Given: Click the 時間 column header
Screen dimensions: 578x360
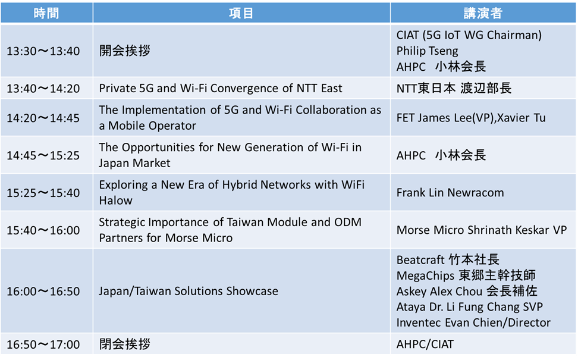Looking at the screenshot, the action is click(46, 13).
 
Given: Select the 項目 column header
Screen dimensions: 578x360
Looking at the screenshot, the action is click(241, 13).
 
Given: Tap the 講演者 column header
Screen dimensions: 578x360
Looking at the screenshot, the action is click(483, 13).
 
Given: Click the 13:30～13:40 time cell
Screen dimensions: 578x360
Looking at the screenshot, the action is click(43, 51).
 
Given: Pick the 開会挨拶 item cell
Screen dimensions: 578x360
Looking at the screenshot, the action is click(125, 51).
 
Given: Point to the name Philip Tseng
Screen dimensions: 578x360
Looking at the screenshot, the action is click(427, 51).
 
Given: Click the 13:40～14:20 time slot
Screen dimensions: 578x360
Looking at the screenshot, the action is click(43, 89).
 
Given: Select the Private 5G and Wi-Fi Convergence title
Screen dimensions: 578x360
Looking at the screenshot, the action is click(221, 89).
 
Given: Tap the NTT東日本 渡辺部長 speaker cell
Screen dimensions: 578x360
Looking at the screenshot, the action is click(454, 89).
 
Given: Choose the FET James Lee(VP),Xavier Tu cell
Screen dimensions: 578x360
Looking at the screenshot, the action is click(471, 118).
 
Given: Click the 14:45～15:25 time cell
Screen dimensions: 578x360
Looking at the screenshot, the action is click(43, 156).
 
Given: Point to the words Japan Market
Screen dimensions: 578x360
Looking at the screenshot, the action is click(134, 163).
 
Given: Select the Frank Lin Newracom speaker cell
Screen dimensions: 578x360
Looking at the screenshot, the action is click(450, 193).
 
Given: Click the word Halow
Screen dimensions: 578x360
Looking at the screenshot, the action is click(116, 201).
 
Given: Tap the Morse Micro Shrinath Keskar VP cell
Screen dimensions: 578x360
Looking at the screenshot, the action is click(482, 230).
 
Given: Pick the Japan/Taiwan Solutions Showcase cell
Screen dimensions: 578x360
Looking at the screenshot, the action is click(189, 292).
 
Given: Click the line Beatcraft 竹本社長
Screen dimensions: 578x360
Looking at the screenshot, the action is click(448, 259).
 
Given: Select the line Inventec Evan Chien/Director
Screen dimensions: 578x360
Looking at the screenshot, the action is click(473, 323).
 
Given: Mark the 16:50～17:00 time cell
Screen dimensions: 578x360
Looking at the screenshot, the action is click(43, 345).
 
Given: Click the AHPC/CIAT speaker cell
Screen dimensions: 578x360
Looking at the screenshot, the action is click(425, 345).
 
